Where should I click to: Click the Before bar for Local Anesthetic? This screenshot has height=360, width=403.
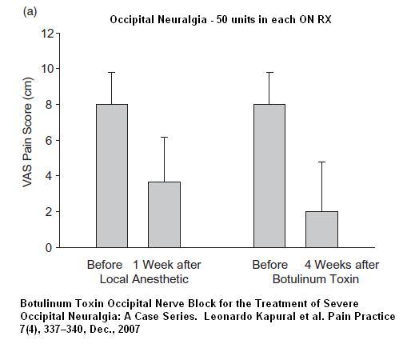[112, 176]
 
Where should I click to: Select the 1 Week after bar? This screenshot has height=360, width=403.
[164, 214]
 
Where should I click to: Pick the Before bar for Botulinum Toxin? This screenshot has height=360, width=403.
[269, 176]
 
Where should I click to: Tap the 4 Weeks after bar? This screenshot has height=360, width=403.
[321, 230]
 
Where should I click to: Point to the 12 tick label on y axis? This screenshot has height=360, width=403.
[47, 34]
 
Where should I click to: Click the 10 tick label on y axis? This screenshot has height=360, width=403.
[47, 69]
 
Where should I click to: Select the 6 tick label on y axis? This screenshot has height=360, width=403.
[49, 140]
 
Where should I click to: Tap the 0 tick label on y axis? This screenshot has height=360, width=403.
[49, 248]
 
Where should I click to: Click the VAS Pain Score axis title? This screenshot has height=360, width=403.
[27, 132]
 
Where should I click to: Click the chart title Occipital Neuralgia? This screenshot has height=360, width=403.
[158, 20]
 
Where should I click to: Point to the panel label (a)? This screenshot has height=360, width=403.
[30, 12]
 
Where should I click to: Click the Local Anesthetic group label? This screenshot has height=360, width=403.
[144, 279]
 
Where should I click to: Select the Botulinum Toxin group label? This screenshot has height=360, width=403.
[316, 279]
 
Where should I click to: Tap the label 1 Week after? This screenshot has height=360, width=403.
[167, 265]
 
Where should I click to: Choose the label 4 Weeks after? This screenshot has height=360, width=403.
[341, 265]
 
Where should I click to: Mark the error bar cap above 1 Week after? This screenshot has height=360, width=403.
[164, 137]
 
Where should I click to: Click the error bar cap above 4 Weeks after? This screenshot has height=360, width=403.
[321, 162]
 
